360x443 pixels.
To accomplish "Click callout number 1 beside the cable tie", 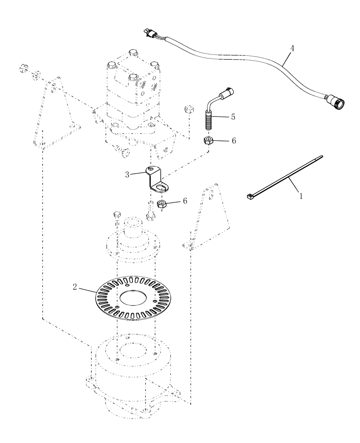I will [301, 195].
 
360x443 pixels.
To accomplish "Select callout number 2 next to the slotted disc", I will [75, 288].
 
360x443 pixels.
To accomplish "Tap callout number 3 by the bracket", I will [127, 175].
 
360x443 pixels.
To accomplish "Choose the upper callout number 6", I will [233, 140].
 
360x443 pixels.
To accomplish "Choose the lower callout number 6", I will [185, 201].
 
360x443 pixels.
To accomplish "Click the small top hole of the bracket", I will [152, 169].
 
